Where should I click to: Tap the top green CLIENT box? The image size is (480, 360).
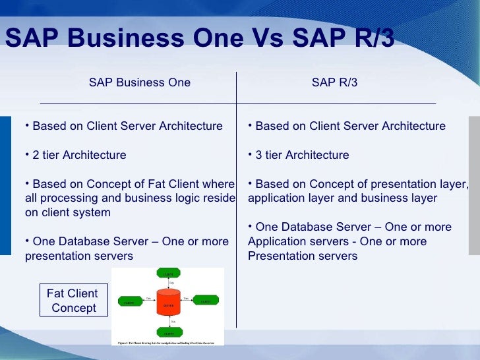[167, 273]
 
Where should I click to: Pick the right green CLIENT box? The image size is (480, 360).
[206, 302]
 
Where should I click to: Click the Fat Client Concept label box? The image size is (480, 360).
[73, 301]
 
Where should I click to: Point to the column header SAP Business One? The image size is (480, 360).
[140, 82]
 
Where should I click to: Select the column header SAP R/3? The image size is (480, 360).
[334, 82]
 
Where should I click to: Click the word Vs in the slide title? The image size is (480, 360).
[267, 39]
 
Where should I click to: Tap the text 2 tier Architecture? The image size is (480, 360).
[79, 156]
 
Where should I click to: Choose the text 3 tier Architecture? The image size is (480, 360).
[302, 156]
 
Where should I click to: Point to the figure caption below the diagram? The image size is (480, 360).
[167, 344]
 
